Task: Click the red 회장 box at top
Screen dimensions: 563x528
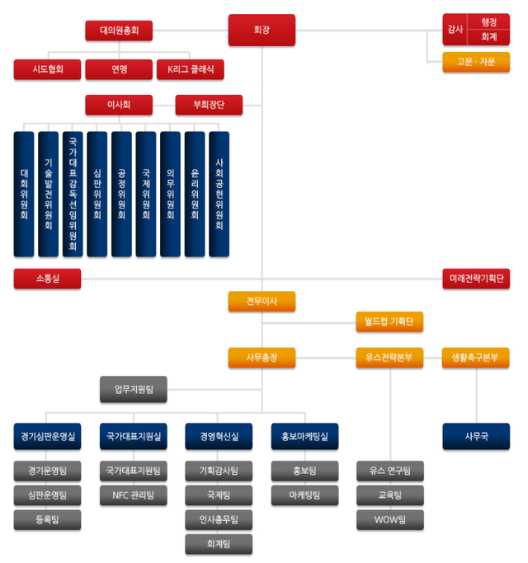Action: pos(262,30)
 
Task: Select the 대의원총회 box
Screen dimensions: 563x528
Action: pos(119,31)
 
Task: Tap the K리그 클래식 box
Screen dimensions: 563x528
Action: pos(190,69)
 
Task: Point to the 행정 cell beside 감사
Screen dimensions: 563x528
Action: pos(488,22)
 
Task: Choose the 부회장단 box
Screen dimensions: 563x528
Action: pos(209,105)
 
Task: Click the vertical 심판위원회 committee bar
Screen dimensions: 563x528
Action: pos(97,193)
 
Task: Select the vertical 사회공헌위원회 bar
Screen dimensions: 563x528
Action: pos(219,193)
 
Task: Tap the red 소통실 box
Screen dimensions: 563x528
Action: pos(47,279)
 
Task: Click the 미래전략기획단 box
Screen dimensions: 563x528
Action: pos(476,279)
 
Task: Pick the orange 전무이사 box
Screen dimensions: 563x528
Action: pos(262,302)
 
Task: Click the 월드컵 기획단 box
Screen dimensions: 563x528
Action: pos(389,321)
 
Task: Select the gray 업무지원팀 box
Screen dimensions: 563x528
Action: pos(133,388)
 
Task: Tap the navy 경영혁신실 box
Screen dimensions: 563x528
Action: pos(219,436)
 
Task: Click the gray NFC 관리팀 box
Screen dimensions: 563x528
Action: pos(133,495)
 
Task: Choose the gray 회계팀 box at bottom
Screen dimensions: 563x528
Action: pos(219,543)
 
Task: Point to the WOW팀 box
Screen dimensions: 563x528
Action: pos(389,519)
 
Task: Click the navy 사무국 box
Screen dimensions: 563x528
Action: pos(476,436)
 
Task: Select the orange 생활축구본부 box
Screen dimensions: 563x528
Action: pos(476,358)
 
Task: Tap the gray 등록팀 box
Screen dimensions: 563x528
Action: pos(47,519)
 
